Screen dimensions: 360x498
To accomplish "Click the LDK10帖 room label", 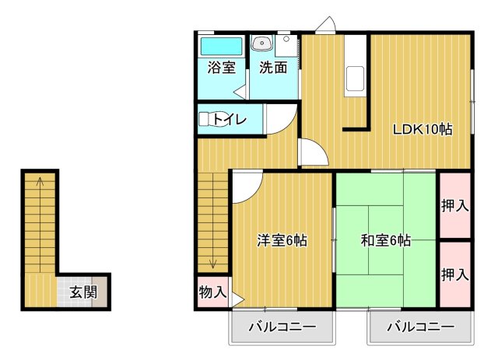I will tap(422, 130).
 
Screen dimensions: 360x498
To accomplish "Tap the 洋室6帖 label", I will tap(282, 241).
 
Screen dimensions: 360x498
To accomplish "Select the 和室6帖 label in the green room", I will tap(385, 241).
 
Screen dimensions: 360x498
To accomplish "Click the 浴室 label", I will tap(221, 68).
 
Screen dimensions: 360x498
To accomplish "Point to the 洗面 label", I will tap(273, 68).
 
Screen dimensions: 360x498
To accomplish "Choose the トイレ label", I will tap(230, 120).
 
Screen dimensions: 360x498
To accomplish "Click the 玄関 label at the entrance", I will tap(82, 293).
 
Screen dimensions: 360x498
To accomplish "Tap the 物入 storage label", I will tap(212, 293).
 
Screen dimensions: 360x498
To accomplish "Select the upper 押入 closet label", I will tap(454, 206).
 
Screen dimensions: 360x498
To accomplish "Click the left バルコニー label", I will tap(281, 327).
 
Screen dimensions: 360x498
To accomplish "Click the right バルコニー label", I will tap(420, 327).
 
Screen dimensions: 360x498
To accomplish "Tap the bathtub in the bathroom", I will tap(221, 45).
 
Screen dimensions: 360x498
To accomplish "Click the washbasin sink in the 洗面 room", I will tap(261, 44).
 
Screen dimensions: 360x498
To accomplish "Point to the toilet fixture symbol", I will tap(207, 120).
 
